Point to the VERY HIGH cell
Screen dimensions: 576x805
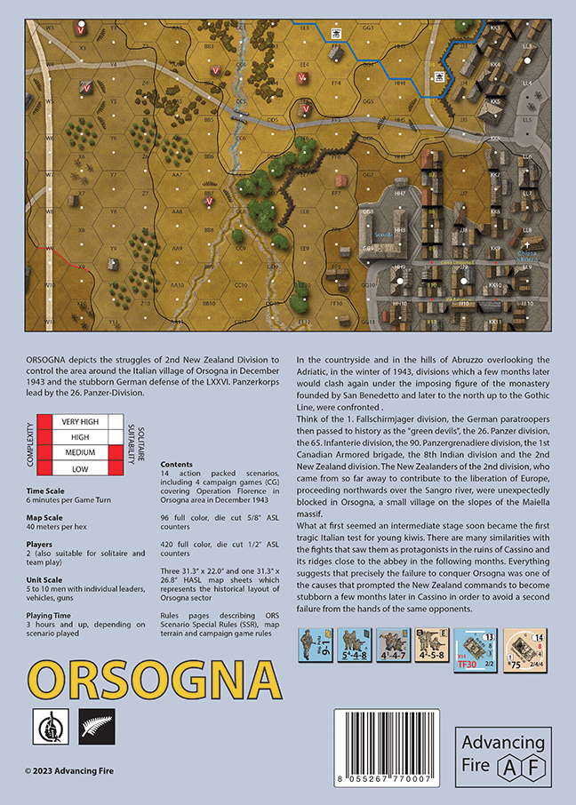(x=79, y=421)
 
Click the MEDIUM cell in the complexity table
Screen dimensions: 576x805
(x=79, y=453)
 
